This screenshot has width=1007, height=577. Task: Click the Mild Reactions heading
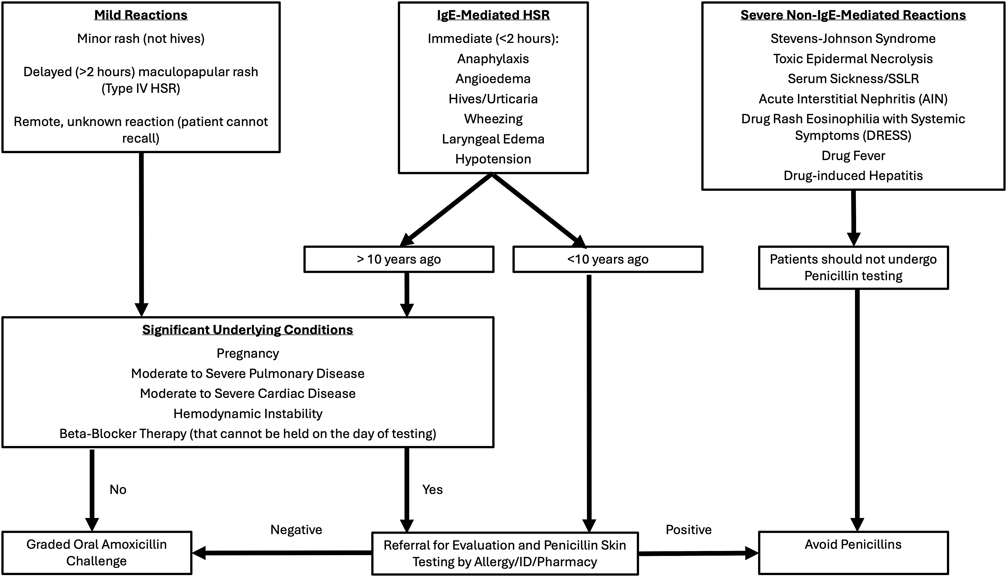[x=141, y=15]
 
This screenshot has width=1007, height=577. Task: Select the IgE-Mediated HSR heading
[x=493, y=15]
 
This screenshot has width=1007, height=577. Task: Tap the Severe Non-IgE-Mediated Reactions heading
[x=853, y=15]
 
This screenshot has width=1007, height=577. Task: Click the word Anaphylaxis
[x=493, y=59]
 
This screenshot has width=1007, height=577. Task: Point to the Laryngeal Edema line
[x=493, y=139]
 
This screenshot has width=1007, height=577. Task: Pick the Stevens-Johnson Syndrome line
[x=853, y=39]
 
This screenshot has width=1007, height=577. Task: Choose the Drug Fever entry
[x=853, y=155]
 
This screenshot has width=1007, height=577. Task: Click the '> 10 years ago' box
[x=399, y=259]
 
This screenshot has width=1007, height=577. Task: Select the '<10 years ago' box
[x=608, y=259]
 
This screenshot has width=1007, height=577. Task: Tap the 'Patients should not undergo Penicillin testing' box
[x=853, y=268]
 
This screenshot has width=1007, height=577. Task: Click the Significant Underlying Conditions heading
[x=248, y=330]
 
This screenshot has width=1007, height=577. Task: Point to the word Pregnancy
[x=248, y=353]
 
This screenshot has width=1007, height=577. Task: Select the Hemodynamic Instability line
[x=248, y=414]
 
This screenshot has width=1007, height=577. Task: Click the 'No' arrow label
[x=118, y=490]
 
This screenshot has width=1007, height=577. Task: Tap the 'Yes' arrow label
[x=432, y=490]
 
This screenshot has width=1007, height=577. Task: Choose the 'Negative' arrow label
[x=296, y=530]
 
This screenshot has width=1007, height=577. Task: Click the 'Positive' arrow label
[x=689, y=530]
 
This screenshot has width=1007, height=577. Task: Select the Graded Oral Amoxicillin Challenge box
[x=97, y=553]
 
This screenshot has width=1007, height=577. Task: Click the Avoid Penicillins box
[x=853, y=553]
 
